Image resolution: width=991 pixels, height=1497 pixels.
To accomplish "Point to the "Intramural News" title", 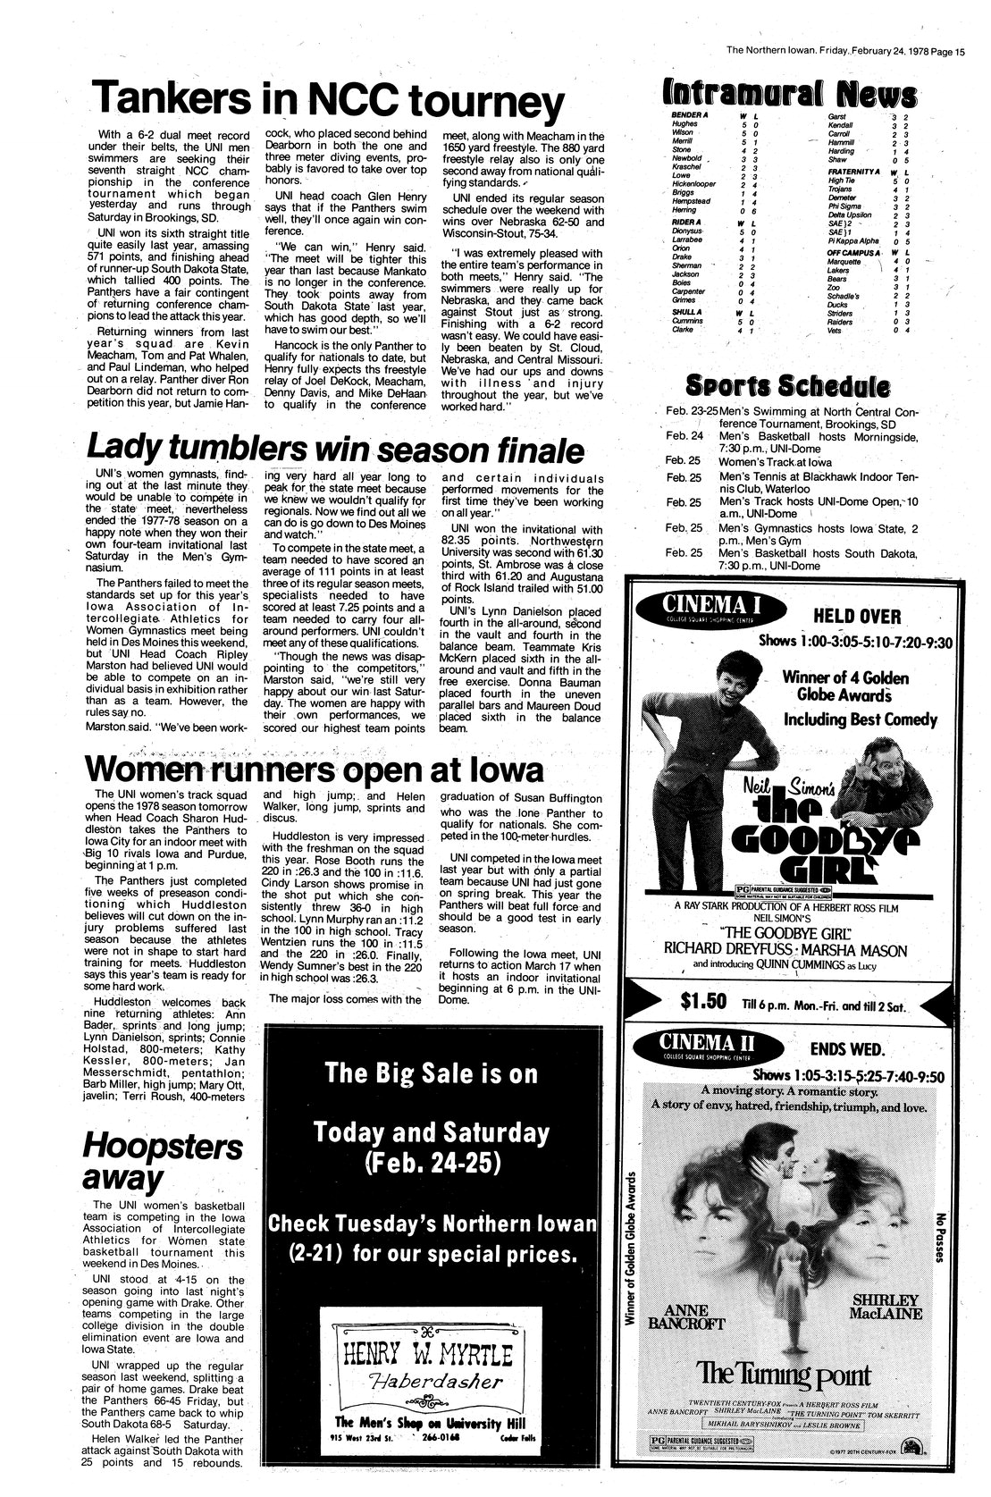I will coord(789,95).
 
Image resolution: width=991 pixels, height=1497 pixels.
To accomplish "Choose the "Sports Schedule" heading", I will coord(786,386).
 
